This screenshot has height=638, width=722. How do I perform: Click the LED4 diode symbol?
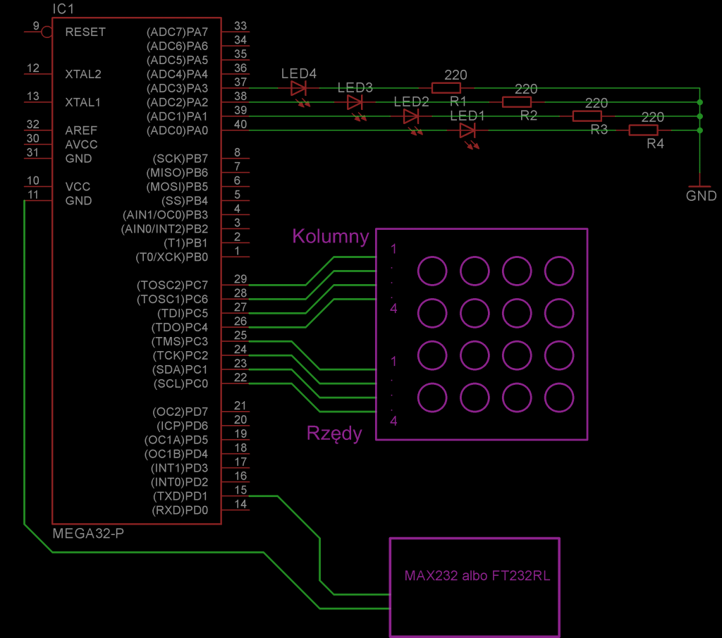click(298, 88)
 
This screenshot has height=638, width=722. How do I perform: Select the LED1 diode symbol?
click(467, 130)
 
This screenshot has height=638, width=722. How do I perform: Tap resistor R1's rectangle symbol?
click(446, 88)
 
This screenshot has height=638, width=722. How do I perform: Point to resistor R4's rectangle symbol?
click(643, 130)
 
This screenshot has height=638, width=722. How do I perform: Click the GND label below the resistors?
click(701, 196)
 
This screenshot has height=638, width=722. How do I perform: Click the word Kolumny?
click(331, 236)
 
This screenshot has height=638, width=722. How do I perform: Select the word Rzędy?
click(334, 434)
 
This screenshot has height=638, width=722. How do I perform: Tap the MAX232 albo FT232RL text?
click(477, 576)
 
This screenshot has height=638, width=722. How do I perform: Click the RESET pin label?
click(85, 32)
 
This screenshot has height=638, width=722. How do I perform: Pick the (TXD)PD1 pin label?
click(180, 496)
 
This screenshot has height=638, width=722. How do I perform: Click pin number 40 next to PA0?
click(240, 124)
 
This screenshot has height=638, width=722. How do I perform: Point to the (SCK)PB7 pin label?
click(180, 159)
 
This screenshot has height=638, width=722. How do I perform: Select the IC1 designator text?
click(63, 8)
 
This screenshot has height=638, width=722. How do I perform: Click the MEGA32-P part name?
click(88, 534)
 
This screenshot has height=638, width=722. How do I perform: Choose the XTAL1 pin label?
click(83, 102)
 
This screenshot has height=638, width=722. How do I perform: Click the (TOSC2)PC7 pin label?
click(172, 286)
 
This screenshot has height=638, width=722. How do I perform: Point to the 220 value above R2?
click(526, 89)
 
